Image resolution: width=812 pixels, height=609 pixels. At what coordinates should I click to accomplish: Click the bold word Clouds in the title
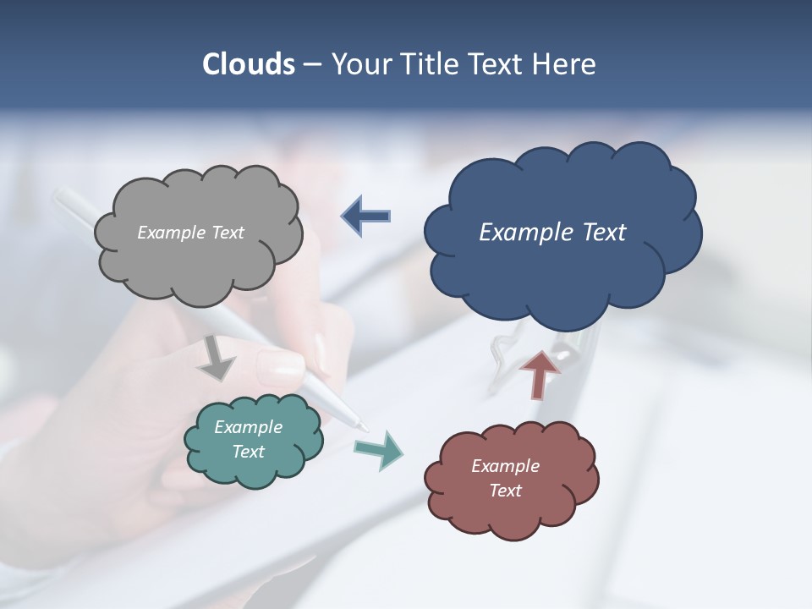tap(249, 64)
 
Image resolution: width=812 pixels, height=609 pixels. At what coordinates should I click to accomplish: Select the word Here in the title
tap(565, 64)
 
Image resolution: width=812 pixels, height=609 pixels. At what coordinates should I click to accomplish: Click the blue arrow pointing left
tap(366, 217)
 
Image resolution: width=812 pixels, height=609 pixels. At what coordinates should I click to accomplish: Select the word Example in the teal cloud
tap(248, 427)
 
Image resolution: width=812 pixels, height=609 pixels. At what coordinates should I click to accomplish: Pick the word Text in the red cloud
tap(505, 491)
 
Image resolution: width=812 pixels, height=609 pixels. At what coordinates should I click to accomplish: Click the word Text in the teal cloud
tap(248, 452)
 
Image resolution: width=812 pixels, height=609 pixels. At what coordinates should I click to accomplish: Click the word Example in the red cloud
tap(505, 466)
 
